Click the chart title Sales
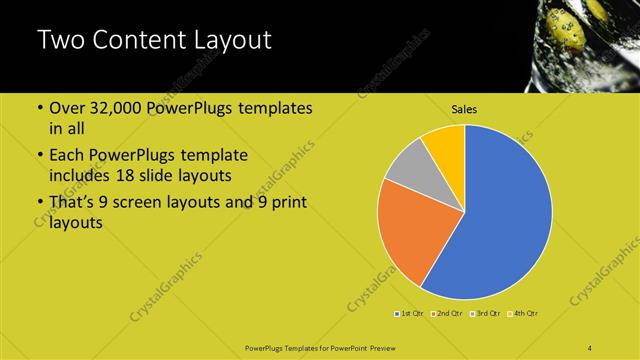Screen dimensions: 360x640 [x=464, y=109]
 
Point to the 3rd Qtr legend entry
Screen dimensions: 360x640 [x=487, y=314]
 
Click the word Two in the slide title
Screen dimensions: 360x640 [x=62, y=41]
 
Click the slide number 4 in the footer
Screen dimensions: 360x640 [x=590, y=347]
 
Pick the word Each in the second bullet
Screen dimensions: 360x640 [x=67, y=156]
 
